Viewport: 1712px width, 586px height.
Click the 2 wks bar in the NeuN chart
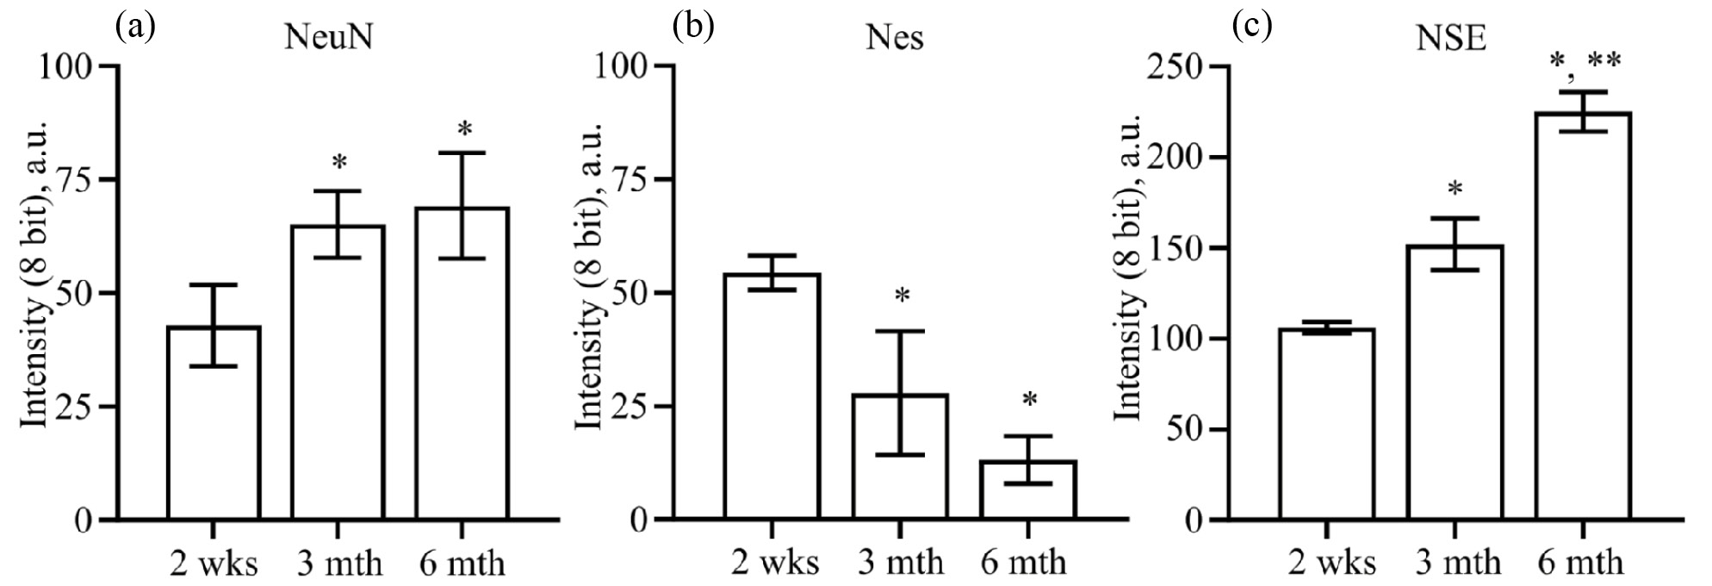tap(214, 423)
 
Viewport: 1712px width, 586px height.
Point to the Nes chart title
tap(896, 39)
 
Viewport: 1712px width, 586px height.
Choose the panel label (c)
tap(1250, 27)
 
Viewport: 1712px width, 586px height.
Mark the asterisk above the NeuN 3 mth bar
tap(339, 163)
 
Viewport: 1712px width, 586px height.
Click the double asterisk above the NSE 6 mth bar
tap(1604, 61)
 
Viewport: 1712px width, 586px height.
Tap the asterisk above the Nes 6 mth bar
tap(1029, 401)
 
